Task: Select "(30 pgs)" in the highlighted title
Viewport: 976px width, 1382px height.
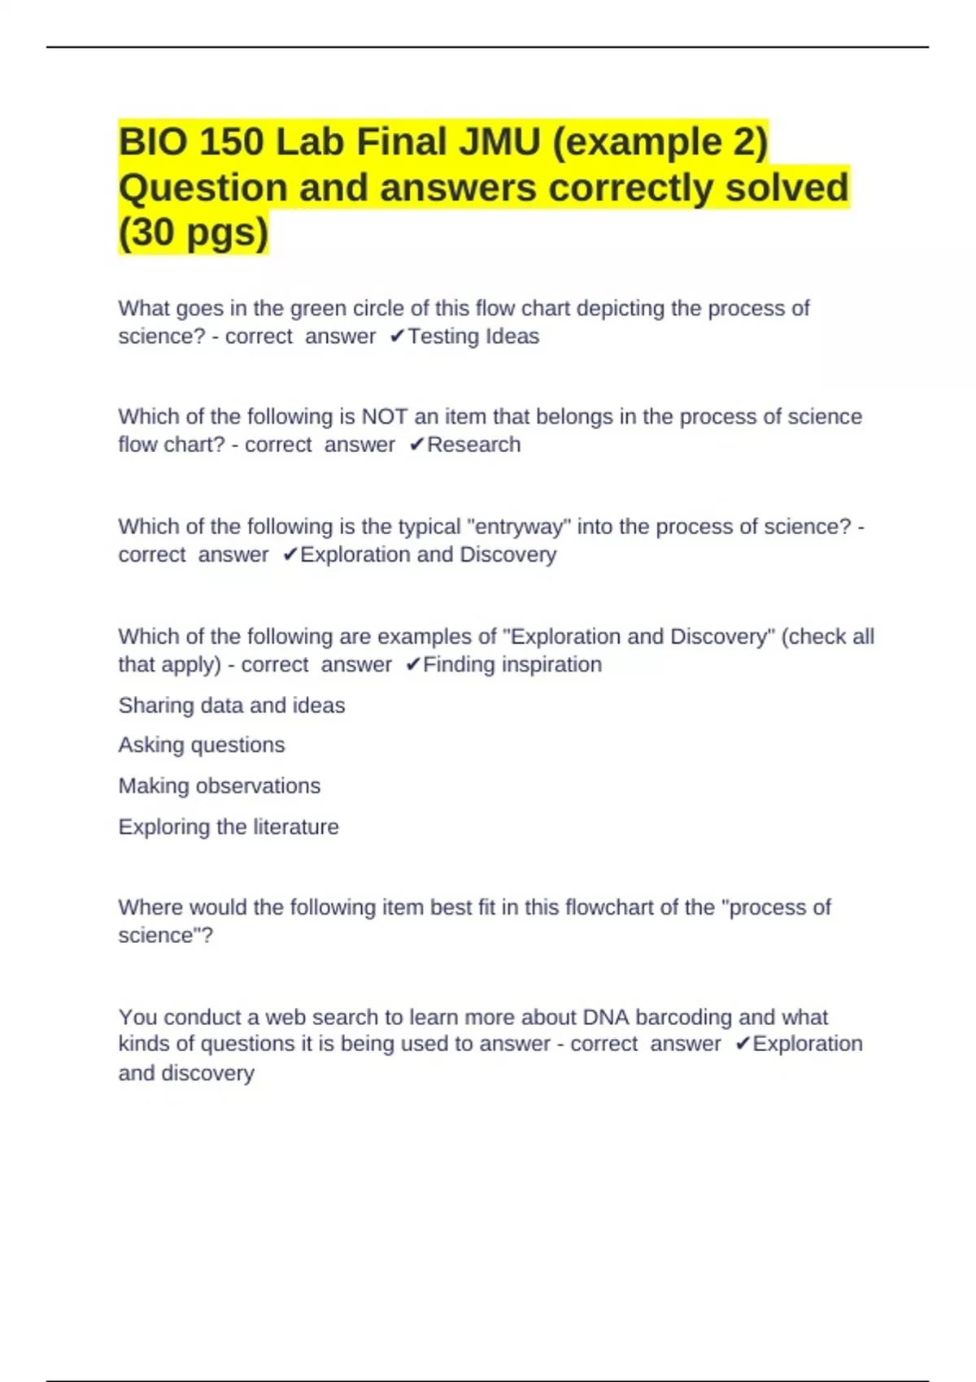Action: (194, 233)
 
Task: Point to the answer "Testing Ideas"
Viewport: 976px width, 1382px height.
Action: (473, 337)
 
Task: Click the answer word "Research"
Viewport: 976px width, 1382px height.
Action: (474, 445)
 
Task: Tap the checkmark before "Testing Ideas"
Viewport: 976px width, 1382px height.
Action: (397, 337)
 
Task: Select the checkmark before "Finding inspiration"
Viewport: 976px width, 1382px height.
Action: (412, 665)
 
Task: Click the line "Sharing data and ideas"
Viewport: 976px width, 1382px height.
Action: (232, 706)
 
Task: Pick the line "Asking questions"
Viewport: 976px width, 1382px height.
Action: (202, 745)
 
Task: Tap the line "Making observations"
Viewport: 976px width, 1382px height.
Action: (220, 786)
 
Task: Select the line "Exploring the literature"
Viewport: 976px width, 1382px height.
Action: (229, 827)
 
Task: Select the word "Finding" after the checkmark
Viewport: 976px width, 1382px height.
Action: (459, 665)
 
